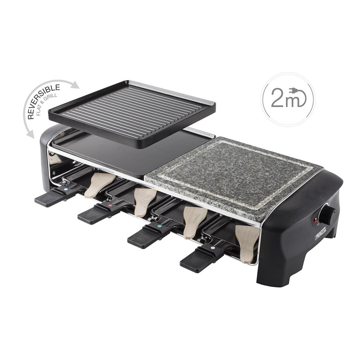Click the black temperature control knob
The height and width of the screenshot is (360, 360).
pos(329,212)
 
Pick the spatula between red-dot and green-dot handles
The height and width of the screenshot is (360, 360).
pos(144,200)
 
